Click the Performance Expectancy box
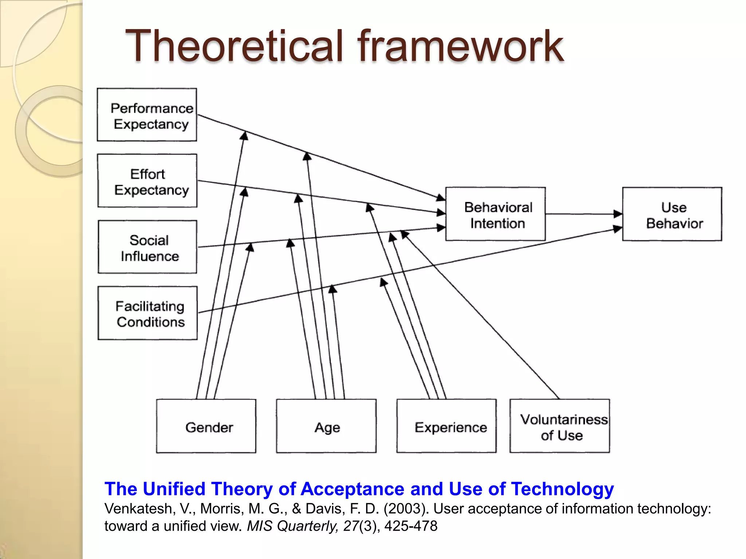147,115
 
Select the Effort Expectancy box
147,181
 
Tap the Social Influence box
148,247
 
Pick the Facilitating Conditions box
148,313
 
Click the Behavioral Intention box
495,214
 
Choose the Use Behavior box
672,214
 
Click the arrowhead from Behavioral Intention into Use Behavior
617,214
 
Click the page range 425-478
411,526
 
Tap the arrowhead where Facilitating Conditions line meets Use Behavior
617,229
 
